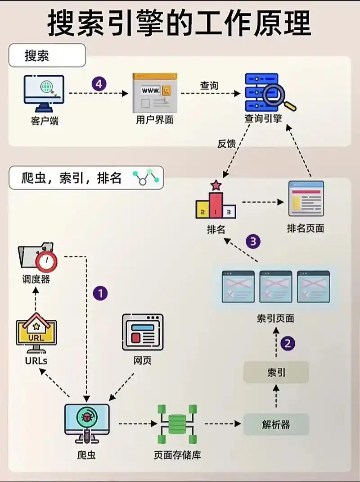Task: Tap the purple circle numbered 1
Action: [100, 294]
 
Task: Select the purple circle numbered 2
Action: [288, 344]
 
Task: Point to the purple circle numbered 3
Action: [253, 241]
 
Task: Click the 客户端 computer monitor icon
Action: [44, 92]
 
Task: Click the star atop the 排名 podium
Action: [216, 185]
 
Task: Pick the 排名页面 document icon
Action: [306, 199]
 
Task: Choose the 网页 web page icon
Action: [143, 332]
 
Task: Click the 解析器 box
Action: [276, 424]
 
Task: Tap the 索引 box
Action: [276, 372]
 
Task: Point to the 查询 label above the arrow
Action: [209, 86]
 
